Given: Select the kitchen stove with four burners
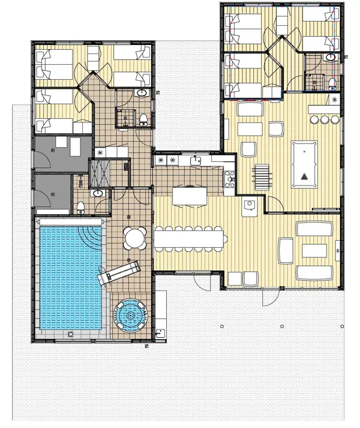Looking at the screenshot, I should click(229, 178).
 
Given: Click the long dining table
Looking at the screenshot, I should click(190, 239).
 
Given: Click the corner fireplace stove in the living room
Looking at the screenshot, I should click(250, 206).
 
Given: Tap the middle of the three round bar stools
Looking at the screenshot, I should click(324, 119).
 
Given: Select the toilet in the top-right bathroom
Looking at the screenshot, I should click(331, 82).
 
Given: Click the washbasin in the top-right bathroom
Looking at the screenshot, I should click(330, 58).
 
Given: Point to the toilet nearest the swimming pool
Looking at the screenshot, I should click(81, 208).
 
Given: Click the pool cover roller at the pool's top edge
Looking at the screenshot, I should click(71, 222).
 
